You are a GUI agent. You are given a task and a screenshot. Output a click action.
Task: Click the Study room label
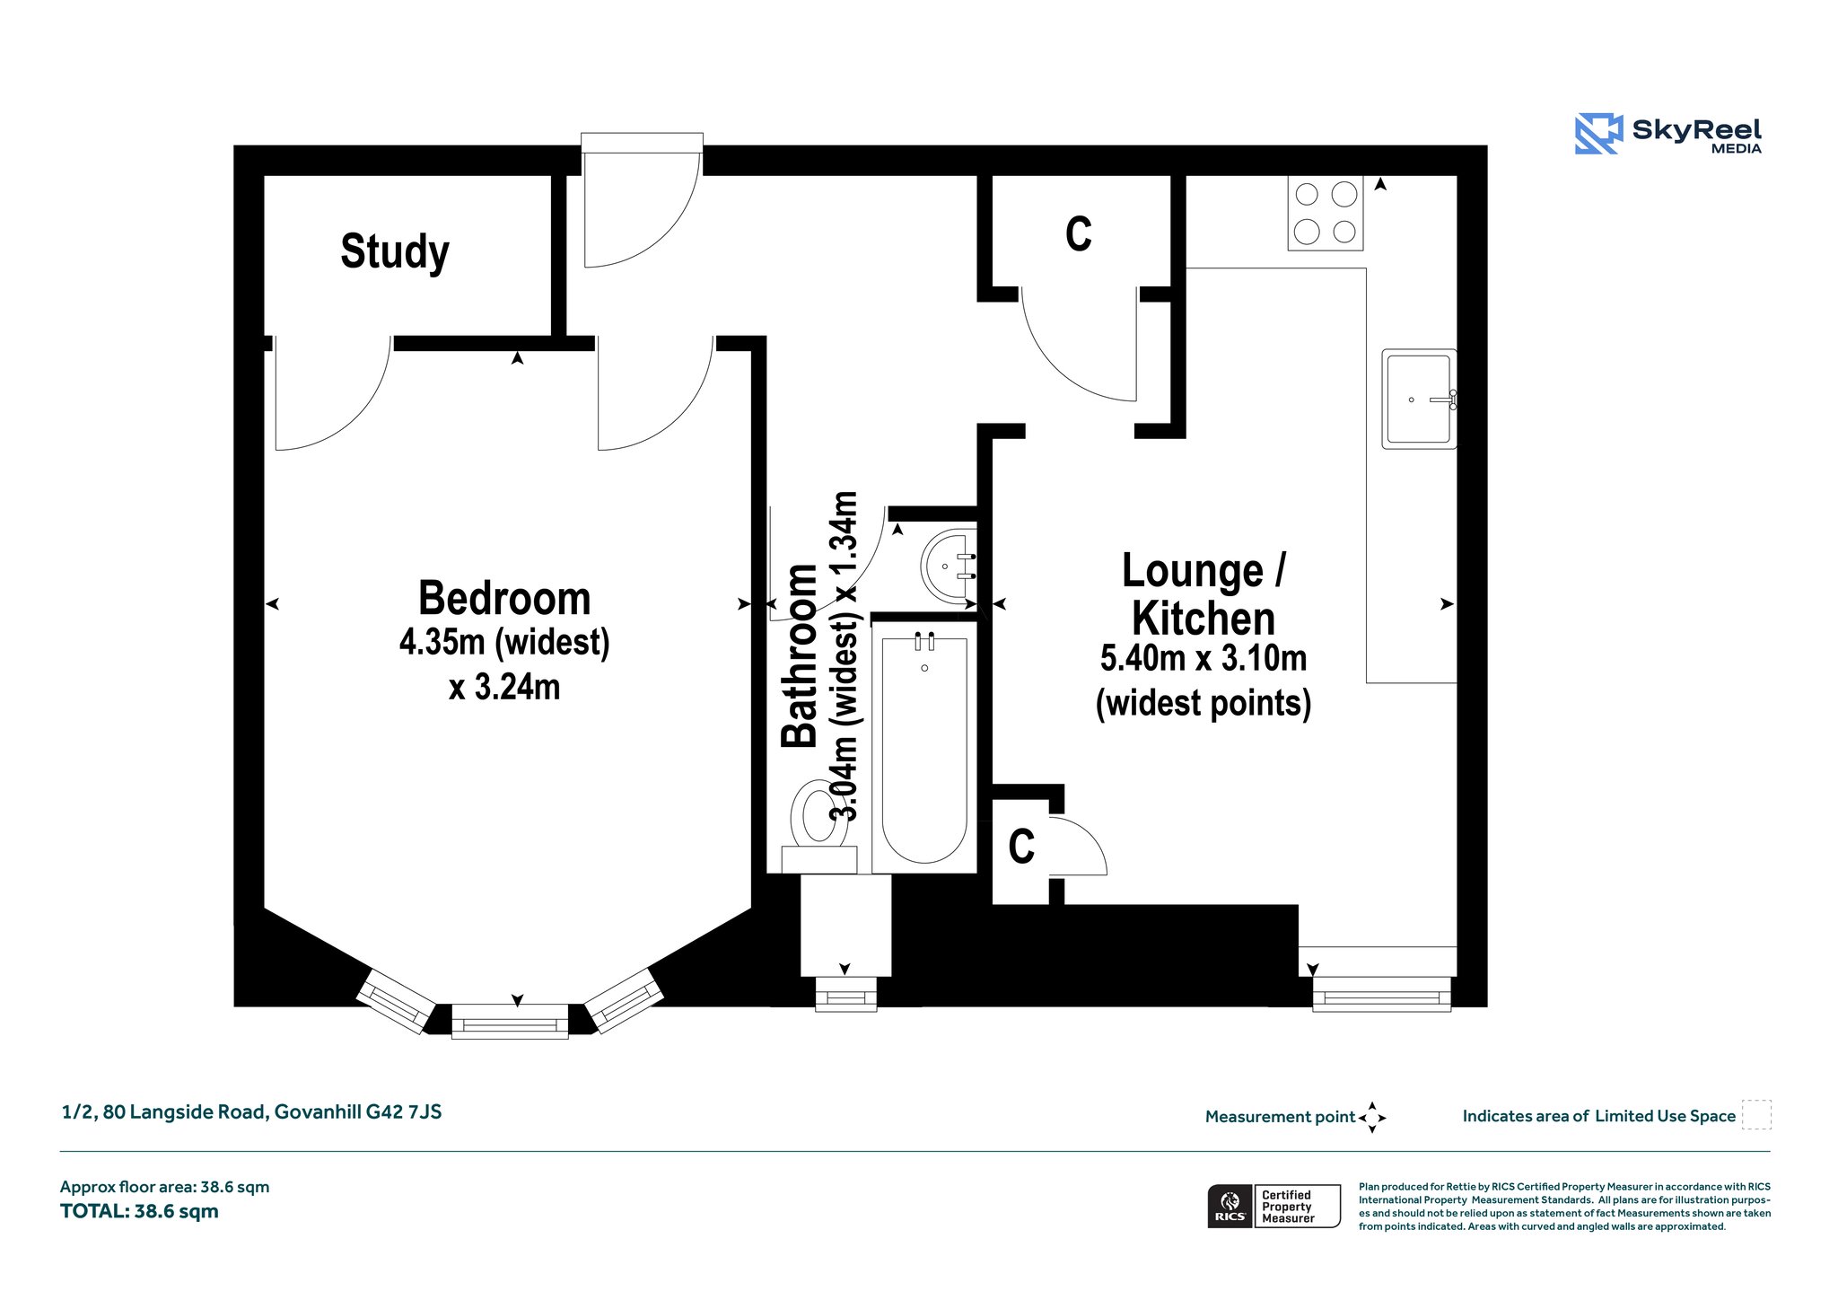(x=395, y=251)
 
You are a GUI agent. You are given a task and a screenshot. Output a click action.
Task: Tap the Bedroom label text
(x=504, y=598)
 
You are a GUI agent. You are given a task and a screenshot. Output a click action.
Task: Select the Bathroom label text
(x=800, y=656)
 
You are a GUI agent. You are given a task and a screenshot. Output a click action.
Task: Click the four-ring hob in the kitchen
(x=1326, y=213)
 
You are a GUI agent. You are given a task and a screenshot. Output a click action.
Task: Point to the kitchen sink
(x=1419, y=400)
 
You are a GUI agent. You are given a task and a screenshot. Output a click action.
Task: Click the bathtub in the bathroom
(x=924, y=750)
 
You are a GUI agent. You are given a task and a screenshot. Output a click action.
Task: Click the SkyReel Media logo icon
(x=1598, y=134)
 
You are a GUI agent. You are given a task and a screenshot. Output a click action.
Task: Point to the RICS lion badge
(x=1230, y=1206)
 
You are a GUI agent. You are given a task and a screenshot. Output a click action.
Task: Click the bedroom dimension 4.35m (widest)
(x=504, y=643)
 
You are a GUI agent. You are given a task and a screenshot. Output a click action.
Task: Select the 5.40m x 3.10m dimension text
(x=1203, y=658)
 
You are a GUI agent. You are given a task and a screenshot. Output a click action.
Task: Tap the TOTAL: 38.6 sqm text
(x=139, y=1211)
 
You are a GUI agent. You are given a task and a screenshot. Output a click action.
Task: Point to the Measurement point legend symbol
(x=1372, y=1118)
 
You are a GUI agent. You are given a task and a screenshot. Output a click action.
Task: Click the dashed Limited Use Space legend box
(x=1756, y=1114)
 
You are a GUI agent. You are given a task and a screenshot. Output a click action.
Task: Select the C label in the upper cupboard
(x=1079, y=234)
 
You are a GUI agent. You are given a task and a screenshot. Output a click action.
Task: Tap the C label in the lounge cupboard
(x=1021, y=847)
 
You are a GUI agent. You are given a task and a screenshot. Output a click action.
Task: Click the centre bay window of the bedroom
(x=510, y=1022)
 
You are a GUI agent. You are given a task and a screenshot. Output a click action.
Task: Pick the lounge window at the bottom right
(x=1382, y=995)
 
